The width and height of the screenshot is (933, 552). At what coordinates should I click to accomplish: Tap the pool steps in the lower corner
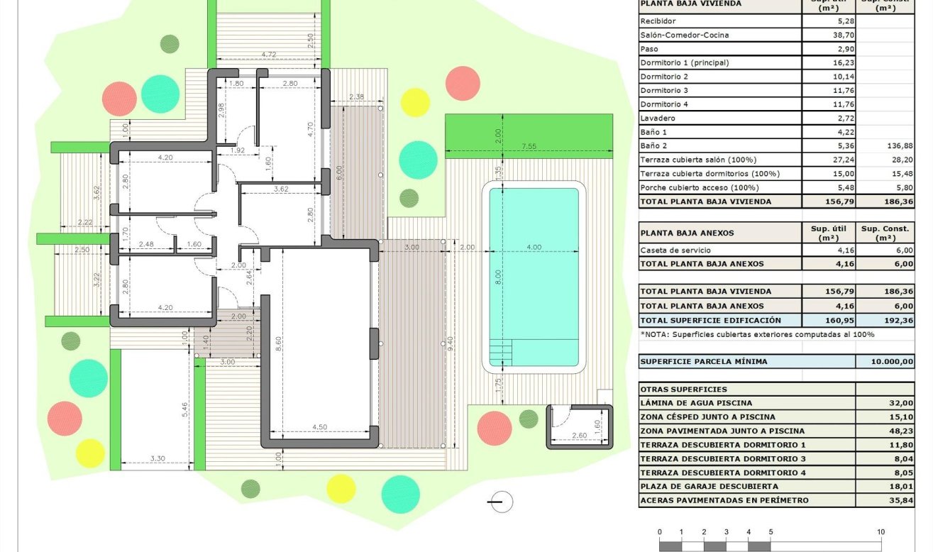pos(500,351)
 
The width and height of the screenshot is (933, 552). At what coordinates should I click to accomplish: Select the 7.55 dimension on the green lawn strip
pos(529,146)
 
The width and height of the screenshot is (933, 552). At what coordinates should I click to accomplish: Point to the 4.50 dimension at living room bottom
pos(319,427)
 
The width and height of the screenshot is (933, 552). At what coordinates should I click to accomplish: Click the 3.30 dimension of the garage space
pos(158,459)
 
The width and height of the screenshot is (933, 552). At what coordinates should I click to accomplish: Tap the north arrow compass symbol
pos(501,501)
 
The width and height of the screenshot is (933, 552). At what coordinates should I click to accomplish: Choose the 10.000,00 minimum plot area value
pos(892,361)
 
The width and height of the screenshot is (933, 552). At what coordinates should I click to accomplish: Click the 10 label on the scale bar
pos(880,532)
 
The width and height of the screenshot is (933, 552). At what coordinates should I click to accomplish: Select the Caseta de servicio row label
pos(675,250)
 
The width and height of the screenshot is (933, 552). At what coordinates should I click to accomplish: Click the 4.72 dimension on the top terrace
pos(269,55)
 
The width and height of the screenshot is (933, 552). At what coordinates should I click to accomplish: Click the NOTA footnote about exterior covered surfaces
pos(757,333)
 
